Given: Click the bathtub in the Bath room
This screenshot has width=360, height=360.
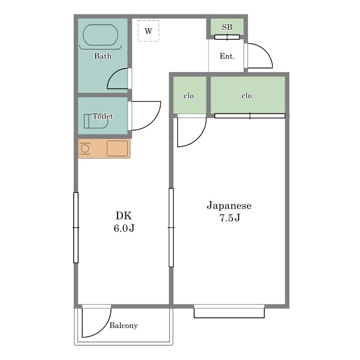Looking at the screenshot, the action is tap(100, 35).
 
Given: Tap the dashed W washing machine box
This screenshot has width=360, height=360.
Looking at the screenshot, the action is tap(148, 31).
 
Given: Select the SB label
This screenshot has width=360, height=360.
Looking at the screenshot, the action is tap(227, 27).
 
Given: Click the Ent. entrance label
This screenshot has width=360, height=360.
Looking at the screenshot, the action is tap(227, 56).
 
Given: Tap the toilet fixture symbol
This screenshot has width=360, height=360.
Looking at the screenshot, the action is tap(96, 121).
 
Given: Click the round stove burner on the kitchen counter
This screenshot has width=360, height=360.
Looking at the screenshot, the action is tap(85, 148).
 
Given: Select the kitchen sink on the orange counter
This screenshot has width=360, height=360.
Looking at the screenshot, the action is tap(117, 148).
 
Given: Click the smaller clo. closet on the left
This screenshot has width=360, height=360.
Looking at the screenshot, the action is tap(190, 95).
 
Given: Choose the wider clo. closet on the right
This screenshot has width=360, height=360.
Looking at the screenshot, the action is tap(248, 95).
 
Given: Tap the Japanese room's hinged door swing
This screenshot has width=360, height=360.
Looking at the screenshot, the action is tap(199, 138).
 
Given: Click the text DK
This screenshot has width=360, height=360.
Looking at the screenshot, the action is tap(124, 216).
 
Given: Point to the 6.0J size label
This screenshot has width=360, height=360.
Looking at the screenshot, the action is tap(124, 228).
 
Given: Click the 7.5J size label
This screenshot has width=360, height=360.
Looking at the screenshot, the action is tap(230, 218).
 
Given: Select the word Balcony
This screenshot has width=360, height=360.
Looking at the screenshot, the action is tap(124, 325).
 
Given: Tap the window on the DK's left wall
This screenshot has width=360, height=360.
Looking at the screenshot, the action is tap(76, 227).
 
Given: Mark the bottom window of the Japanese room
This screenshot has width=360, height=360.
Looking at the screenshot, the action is tap(229, 313).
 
